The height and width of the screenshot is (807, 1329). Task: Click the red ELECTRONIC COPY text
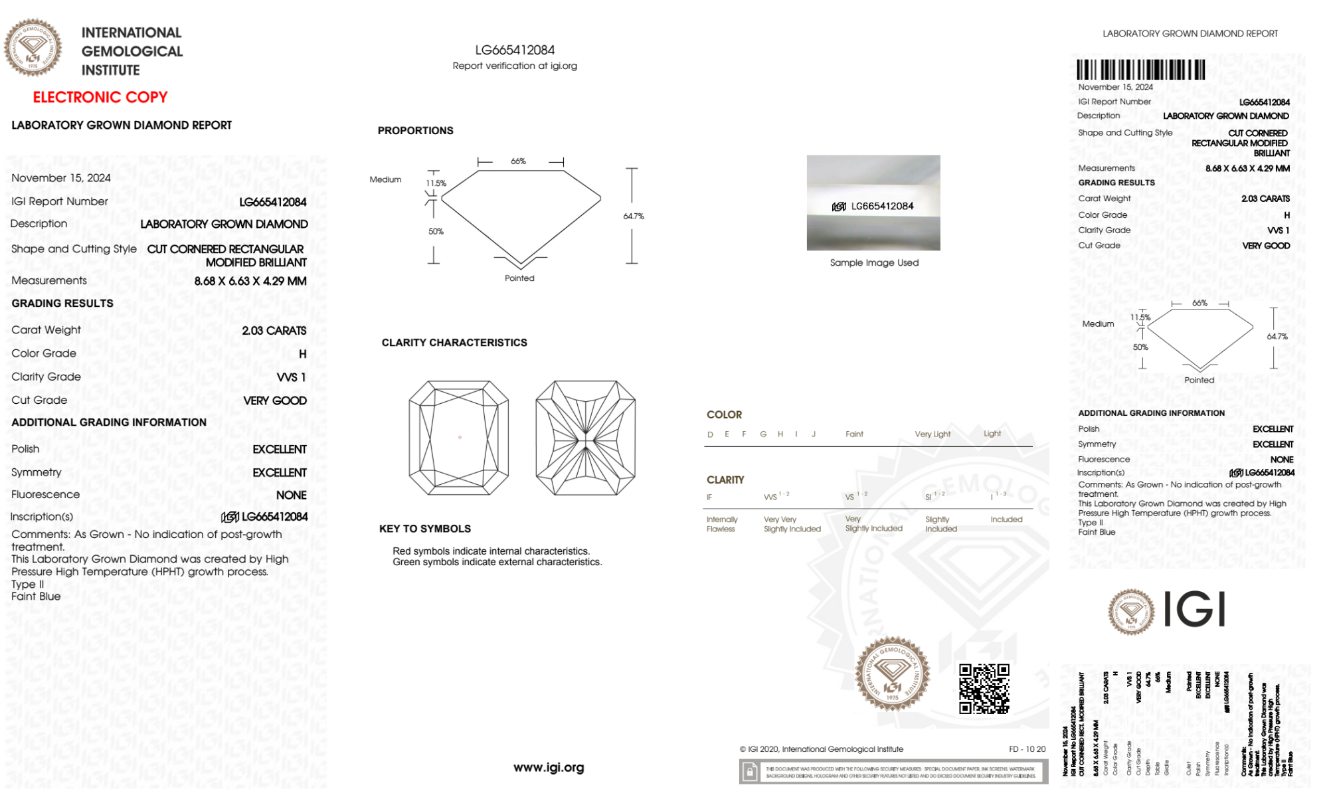point(100,98)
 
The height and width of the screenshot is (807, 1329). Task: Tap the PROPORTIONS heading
point(415,131)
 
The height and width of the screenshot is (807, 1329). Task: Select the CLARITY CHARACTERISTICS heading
point(454,343)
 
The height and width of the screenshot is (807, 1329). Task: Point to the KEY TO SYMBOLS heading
point(425,529)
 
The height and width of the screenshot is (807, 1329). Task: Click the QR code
point(984,689)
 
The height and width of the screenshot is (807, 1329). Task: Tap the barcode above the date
point(1140,70)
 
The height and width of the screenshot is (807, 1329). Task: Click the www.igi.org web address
point(549,768)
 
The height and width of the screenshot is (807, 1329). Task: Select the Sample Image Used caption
point(874,263)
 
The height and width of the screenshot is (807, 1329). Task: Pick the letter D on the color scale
point(710,434)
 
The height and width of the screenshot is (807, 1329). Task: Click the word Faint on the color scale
point(854,434)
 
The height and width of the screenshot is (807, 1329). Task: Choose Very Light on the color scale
point(932,434)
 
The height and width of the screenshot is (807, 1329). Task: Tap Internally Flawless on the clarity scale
point(721,524)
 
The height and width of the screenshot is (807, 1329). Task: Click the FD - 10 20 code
point(1027,749)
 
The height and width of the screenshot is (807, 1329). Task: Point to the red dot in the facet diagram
point(460,437)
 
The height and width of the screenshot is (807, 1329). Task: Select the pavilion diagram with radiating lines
point(585,437)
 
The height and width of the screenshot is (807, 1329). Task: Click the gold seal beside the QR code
point(892,674)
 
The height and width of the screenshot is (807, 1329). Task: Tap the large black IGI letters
point(1195,609)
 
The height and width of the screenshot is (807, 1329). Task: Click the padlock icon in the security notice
point(750,772)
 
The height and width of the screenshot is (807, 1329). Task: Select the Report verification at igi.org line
point(515,66)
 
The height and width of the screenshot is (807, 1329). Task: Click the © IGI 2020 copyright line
point(822,749)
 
